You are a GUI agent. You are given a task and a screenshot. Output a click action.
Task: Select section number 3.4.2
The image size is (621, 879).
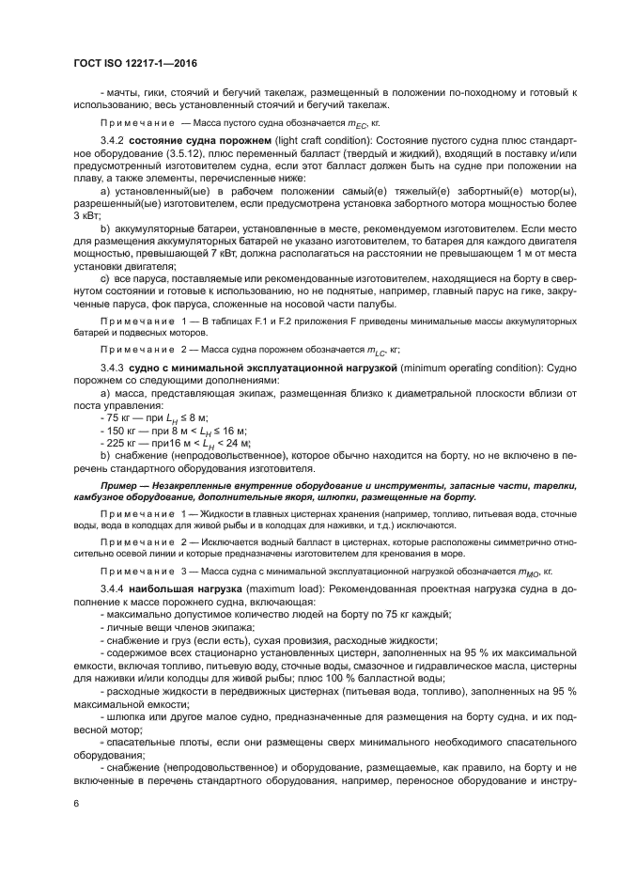click(x=113, y=139)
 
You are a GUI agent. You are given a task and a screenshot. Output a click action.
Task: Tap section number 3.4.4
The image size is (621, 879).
click(x=113, y=589)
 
